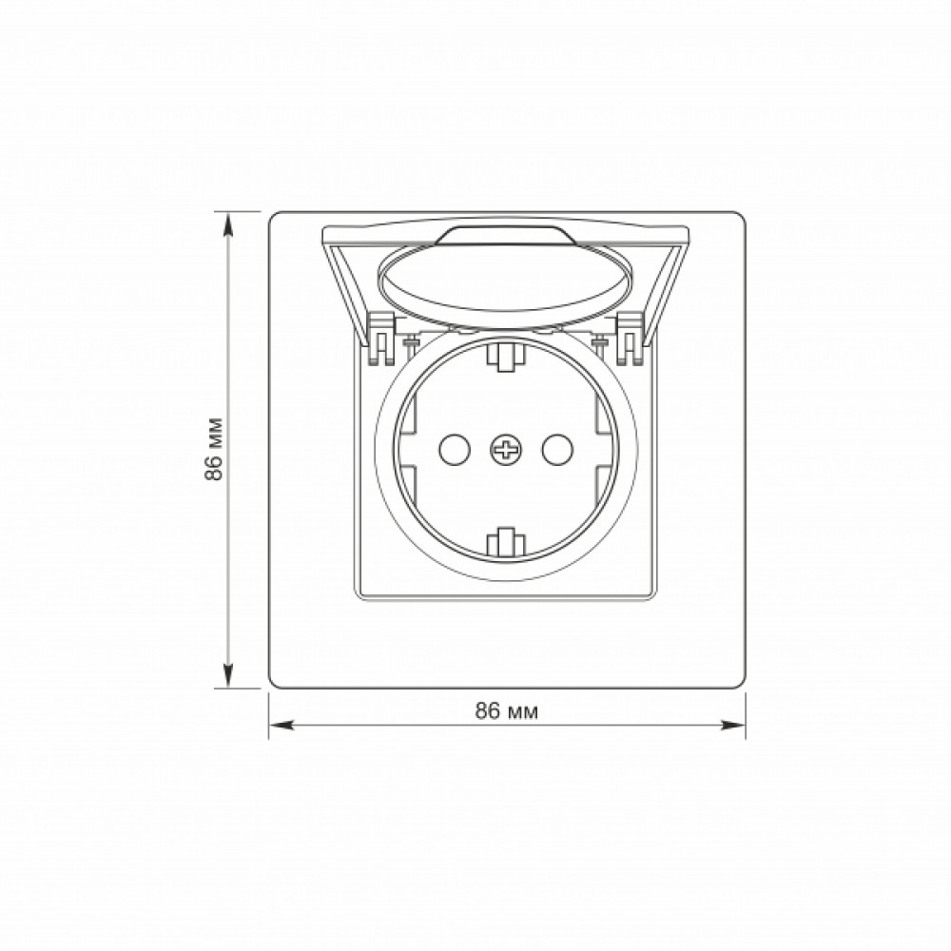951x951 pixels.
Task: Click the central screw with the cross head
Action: tap(506, 450)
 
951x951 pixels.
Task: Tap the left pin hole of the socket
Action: tap(454, 450)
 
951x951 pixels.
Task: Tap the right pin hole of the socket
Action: tap(557, 450)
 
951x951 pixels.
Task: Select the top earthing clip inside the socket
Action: tap(505, 356)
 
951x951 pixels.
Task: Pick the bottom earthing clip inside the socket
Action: tap(505, 542)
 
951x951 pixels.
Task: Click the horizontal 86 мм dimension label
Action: tap(507, 710)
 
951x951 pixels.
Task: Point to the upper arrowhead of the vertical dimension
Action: tap(228, 224)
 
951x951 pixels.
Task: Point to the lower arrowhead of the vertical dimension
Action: tap(228, 675)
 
